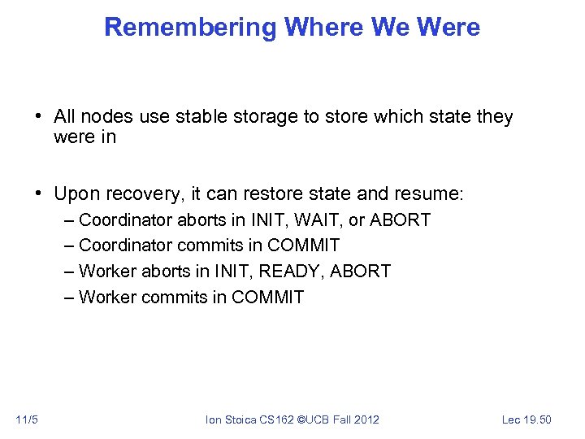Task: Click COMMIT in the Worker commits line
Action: pos(267,298)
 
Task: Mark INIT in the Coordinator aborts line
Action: pos(267,220)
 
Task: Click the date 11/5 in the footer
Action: pos(27,419)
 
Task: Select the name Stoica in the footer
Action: pos(240,419)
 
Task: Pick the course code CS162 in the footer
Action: pos(279,419)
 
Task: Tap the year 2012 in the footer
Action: pos(366,419)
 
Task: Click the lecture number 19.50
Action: pos(536,419)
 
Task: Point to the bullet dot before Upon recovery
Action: pos(39,194)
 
